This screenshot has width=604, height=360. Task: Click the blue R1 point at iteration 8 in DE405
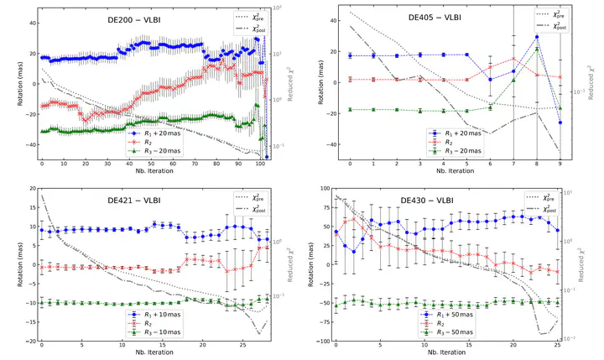tap(537, 37)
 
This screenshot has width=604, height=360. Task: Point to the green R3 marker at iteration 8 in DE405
tap(537, 50)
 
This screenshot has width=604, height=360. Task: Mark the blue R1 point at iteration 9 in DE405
tap(560, 123)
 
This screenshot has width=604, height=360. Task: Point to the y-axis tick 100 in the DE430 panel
tap(324, 189)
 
